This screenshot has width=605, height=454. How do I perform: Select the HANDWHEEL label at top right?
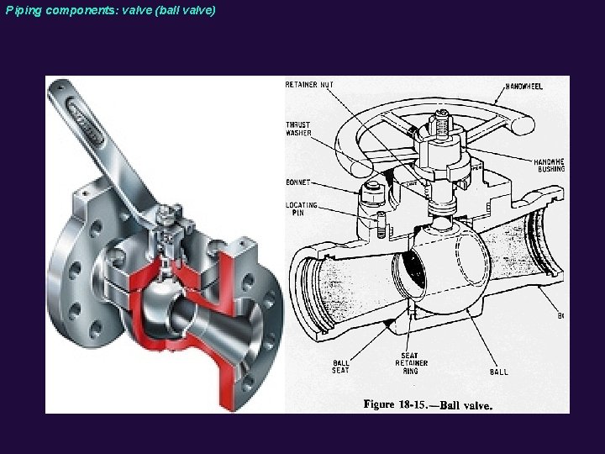[524, 86]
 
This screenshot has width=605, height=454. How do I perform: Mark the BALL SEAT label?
[339, 367]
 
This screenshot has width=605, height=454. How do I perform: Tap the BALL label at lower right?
[497, 371]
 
